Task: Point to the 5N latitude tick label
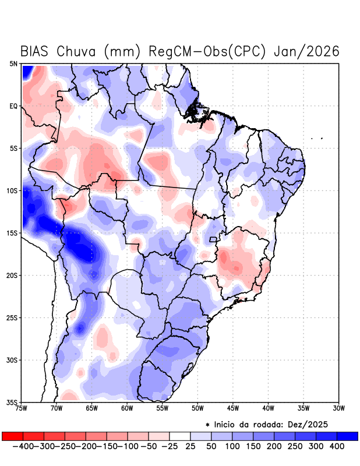click(x=13, y=63)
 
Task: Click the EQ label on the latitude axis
click(x=13, y=106)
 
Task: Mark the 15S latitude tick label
click(x=12, y=233)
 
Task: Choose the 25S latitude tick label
click(x=12, y=317)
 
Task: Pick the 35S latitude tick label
click(x=12, y=402)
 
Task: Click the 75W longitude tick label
click(x=22, y=408)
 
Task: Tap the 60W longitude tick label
click(x=127, y=408)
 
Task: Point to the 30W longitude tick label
click(x=338, y=408)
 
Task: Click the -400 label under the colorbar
click(x=23, y=446)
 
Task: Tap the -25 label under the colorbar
click(x=170, y=446)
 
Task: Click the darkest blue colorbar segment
click(x=347, y=436)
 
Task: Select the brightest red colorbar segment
click(x=12, y=436)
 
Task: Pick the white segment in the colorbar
click(x=180, y=436)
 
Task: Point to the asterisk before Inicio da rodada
click(x=208, y=425)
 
